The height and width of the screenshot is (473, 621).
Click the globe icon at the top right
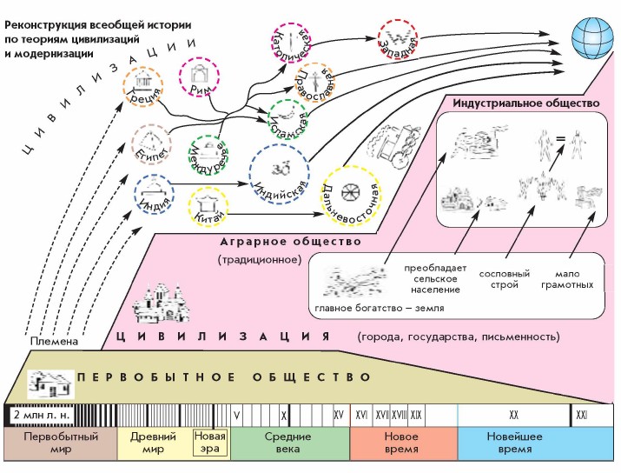[x=591, y=38]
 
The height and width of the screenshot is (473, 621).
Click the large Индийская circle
[x=280, y=170]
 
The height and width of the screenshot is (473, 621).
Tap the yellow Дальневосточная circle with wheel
[x=347, y=192]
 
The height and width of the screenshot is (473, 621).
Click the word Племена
[x=52, y=341]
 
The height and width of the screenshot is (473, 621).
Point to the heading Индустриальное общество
[x=526, y=103]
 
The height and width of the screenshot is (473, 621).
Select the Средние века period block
[x=289, y=443]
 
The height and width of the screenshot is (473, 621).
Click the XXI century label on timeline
[x=583, y=416]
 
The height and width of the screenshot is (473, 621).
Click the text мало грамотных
[x=570, y=278]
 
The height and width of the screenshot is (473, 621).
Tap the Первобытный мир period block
[x=60, y=443]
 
